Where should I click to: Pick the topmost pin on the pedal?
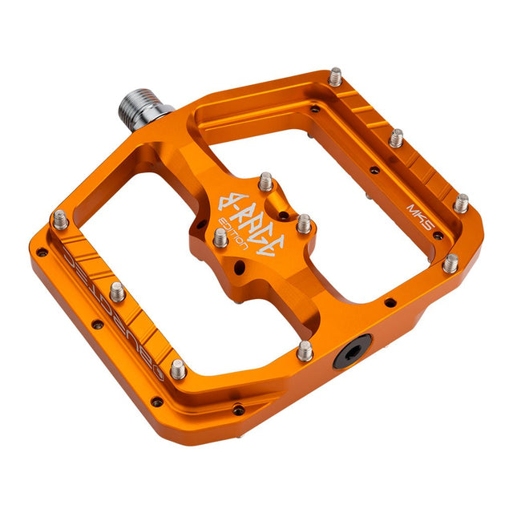[x=335, y=76]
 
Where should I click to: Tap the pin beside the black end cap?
[x=305, y=349]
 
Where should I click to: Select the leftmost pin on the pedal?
[x=61, y=219]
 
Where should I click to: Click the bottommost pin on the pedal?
[x=178, y=369]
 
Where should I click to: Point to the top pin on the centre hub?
[x=265, y=181]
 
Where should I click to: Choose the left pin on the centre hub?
[x=220, y=236]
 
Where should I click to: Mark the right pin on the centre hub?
[x=304, y=223]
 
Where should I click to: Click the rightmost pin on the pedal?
[x=461, y=202]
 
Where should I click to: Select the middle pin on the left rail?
[x=118, y=290]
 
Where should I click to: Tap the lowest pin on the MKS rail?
[x=451, y=262]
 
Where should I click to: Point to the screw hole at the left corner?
[x=42, y=252]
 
